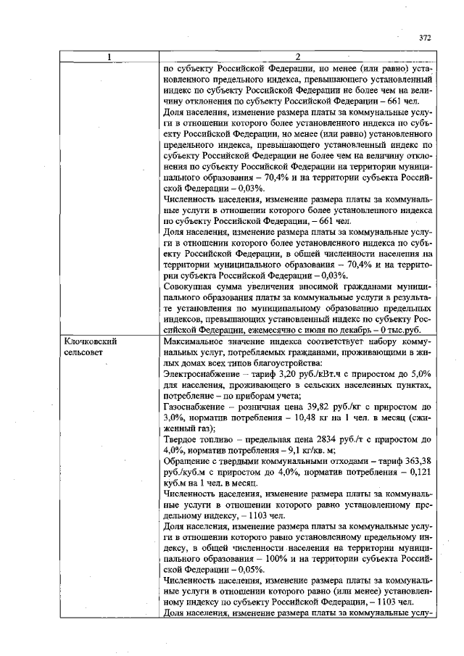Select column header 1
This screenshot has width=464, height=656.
click(x=110, y=58)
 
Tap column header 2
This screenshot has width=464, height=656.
click(x=298, y=58)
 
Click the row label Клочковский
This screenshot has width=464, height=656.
click(x=91, y=340)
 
